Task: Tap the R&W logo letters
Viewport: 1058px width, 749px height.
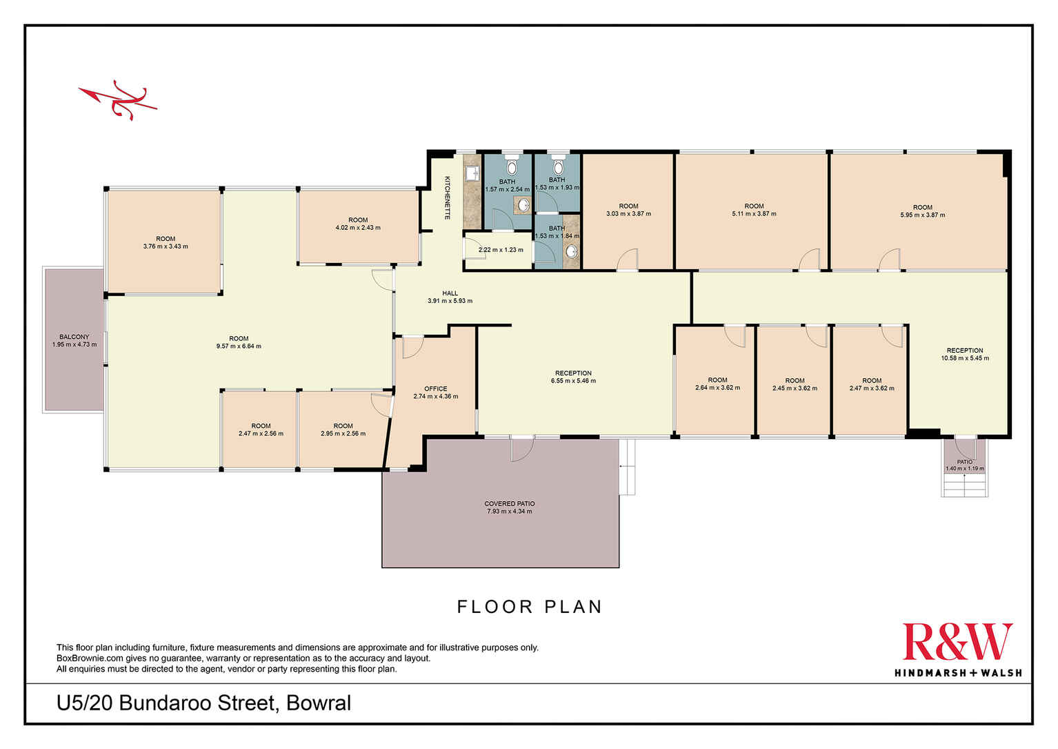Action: click(957, 642)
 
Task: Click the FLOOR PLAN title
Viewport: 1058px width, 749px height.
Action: click(530, 607)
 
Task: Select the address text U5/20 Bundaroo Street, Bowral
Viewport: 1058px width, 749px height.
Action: click(204, 703)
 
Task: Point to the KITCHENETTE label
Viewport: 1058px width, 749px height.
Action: click(447, 197)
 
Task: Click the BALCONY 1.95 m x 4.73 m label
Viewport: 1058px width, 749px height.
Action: click(74, 340)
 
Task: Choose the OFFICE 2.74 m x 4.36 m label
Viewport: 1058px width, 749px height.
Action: click(435, 393)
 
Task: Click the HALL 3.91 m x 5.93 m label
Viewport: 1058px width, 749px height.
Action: click(450, 297)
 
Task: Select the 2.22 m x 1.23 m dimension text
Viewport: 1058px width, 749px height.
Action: click(501, 250)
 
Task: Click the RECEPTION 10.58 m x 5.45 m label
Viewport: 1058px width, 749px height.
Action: click(965, 354)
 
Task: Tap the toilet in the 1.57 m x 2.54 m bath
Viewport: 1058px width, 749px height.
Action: click(512, 166)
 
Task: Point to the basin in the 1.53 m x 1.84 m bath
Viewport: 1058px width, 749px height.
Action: click(572, 251)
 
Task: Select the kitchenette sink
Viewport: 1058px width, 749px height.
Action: click(471, 174)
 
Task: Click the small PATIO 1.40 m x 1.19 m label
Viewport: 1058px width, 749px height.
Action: click(964, 465)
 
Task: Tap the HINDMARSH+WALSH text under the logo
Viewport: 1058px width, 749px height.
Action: click(958, 672)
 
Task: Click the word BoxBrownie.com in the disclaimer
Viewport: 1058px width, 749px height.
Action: click(90, 658)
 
